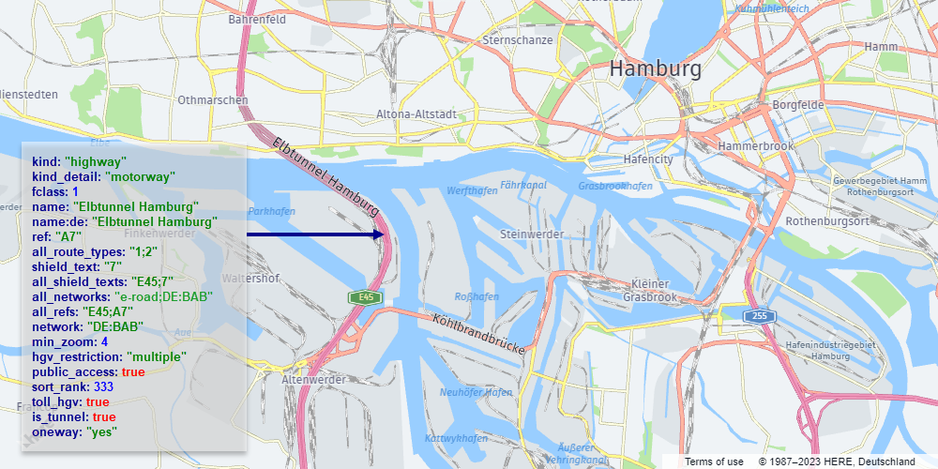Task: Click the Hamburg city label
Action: [x=655, y=69]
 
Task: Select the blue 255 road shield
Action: [x=759, y=316]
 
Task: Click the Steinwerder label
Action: [x=531, y=234]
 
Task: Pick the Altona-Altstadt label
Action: [x=416, y=114]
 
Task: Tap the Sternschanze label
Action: [x=517, y=40]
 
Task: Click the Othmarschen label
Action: [x=213, y=99]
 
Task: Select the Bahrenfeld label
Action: [x=256, y=18]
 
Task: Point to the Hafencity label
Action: [x=648, y=159]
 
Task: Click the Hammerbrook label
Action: [x=755, y=147]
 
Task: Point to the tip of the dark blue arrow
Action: [x=386, y=234]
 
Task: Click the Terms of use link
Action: [x=714, y=461]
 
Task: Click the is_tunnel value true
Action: [x=104, y=416]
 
